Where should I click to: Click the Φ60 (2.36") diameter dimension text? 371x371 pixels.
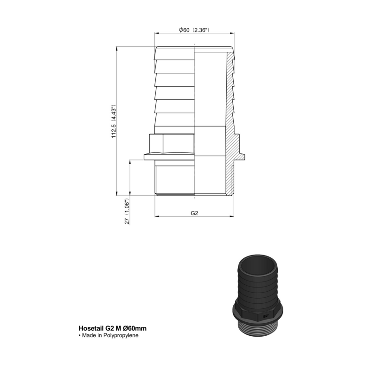coord(194,30)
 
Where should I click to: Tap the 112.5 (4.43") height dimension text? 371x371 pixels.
coord(113,122)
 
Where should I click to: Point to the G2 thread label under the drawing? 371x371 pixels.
coord(194,214)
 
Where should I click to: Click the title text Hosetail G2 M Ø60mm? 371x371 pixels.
coord(114,328)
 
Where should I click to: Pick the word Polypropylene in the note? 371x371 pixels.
coord(122,335)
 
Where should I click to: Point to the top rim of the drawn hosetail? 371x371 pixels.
coord(194,49)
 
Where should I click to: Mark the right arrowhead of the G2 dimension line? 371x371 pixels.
coord(232,217)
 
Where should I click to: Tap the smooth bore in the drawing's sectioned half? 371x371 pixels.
coord(211,116)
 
